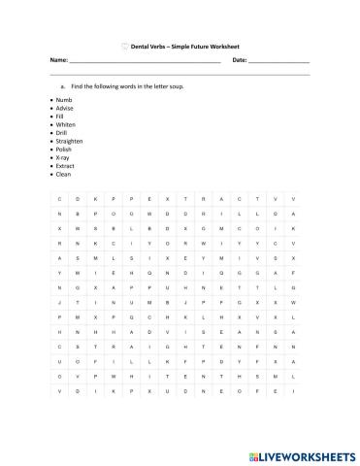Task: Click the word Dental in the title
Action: [x=142, y=45]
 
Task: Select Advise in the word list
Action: [x=65, y=108]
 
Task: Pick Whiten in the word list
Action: [x=66, y=123]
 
